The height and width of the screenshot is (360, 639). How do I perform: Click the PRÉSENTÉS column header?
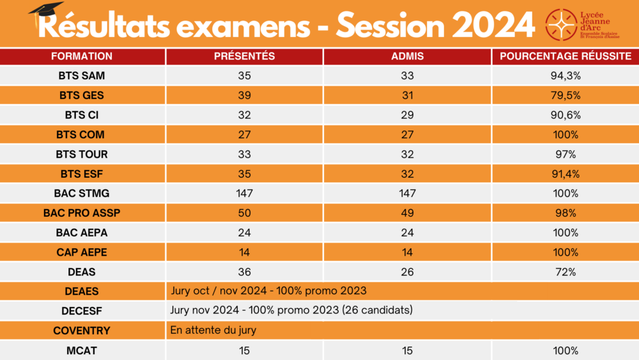(244, 56)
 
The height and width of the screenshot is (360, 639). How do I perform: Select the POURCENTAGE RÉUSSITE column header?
(565, 56)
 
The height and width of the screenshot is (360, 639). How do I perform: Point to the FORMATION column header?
(82, 56)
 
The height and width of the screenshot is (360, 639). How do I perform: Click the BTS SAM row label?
(82, 75)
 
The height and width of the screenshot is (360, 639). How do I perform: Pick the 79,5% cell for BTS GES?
(565, 95)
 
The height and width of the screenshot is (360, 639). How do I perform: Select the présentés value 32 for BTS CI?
(244, 115)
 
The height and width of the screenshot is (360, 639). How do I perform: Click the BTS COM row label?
(82, 135)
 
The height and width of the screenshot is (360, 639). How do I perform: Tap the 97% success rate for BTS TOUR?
(565, 154)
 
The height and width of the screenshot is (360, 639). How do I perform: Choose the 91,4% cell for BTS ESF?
(565, 174)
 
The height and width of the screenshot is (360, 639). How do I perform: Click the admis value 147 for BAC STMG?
(407, 193)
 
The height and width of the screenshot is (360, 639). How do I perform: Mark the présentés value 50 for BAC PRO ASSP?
(244, 213)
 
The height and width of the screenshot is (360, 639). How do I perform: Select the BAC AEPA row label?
(82, 233)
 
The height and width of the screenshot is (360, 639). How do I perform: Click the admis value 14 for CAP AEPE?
(407, 252)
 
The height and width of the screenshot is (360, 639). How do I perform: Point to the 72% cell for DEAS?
(565, 272)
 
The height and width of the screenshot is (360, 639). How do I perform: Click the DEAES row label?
(82, 292)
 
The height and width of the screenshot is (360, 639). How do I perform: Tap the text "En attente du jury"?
(213, 331)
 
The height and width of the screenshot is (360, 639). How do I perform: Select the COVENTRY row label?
(82, 331)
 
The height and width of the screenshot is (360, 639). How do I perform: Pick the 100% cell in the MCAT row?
(565, 350)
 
